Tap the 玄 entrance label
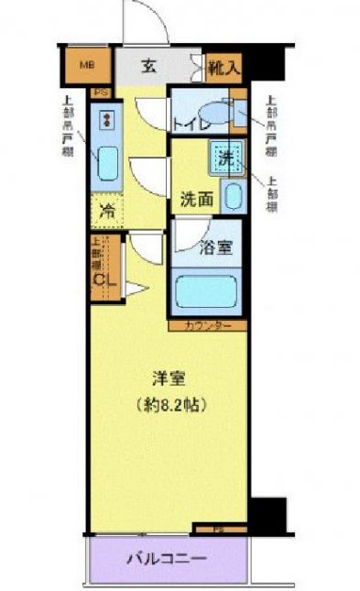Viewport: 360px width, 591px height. click(x=148, y=65)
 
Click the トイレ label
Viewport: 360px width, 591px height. click(x=188, y=123)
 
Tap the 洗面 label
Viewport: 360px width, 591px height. click(x=195, y=196)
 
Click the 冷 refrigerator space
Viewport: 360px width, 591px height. click(x=106, y=211)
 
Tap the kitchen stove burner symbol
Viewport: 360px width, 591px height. click(x=107, y=119)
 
